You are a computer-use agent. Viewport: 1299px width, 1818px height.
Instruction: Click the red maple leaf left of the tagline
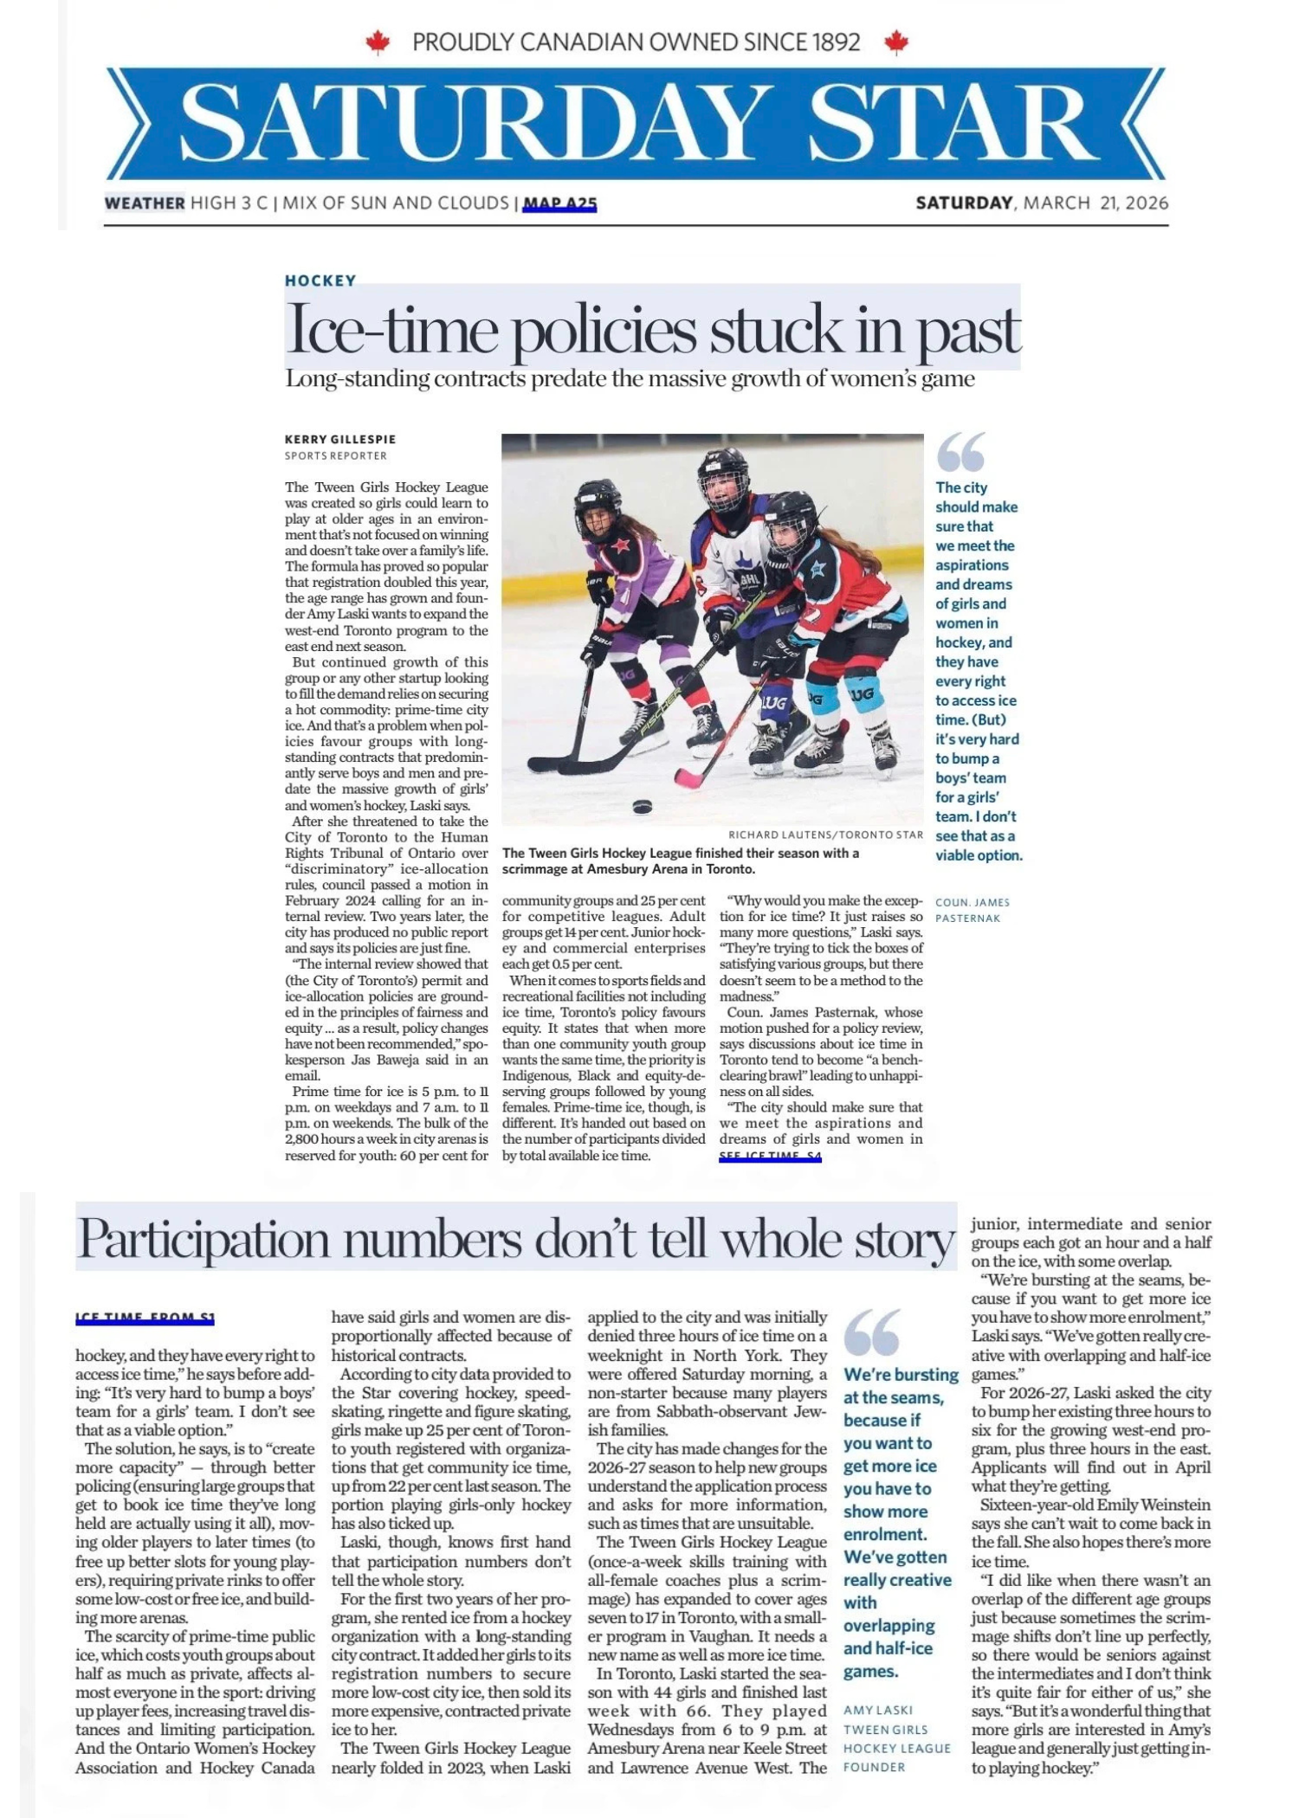click(x=378, y=42)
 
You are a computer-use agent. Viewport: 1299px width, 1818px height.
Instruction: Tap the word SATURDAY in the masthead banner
click(x=455, y=123)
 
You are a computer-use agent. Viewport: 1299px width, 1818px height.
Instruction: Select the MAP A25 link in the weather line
click(x=559, y=203)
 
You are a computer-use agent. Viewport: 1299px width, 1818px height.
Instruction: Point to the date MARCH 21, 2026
click(x=1095, y=203)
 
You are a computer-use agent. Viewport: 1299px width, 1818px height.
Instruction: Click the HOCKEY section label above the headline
click(x=320, y=280)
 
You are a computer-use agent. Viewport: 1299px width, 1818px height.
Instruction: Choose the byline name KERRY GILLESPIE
click(x=340, y=439)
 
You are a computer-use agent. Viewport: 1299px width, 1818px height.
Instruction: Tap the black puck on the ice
click(x=642, y=807)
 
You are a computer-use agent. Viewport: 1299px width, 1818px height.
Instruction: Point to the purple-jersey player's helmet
click(x=598, y=506)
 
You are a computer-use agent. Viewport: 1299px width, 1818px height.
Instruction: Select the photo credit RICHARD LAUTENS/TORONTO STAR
click(x=825, y=835)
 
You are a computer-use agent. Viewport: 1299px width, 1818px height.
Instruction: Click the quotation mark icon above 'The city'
click(x=960, y=453)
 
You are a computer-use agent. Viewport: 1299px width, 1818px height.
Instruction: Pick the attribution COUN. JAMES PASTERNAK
click(x=973, y=910)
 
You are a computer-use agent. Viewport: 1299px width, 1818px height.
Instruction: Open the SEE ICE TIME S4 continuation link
click(x=770, y=1157)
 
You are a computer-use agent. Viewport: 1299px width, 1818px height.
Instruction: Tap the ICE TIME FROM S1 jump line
click(x=145, y=1318)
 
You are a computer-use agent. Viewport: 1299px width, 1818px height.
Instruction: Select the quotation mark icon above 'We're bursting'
click(x=871, y=1332)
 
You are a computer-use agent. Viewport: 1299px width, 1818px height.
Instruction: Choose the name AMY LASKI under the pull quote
click(x=878, y=1710)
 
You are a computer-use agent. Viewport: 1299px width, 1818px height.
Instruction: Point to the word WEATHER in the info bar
click(x=145, y=203)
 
